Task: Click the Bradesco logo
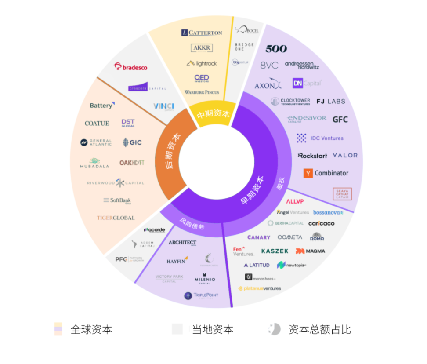tap(130, 67)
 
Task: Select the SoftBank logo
tap(117, 200)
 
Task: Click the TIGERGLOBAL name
tap(116, 218)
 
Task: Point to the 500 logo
tap(276, 49)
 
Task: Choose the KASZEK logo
tap(275, 251)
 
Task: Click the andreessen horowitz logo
tap(302, 65)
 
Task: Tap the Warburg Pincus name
tap(202, 92)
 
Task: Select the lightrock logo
tap(202, 63)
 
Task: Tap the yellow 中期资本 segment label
tap(213, 114)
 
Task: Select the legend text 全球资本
tap(91, 330)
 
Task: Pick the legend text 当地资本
tap(213, 330)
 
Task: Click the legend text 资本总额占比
tap(319, 330)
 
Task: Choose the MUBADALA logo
tap(94, 163)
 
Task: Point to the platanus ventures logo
tap(259, 288)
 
